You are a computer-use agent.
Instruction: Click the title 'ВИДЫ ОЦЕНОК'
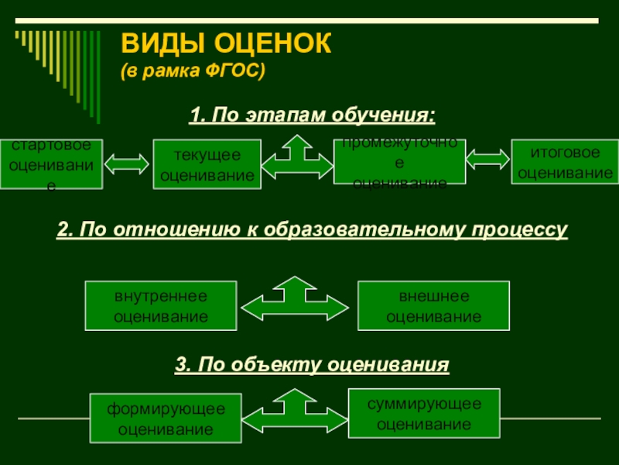tap(226, 44)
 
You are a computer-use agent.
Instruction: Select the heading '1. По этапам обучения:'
tap(313, 115)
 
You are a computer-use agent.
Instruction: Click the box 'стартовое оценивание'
tap(51, 164)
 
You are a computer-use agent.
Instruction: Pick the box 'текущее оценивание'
tap(207, 165)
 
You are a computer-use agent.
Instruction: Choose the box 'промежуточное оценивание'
tap(399, 162)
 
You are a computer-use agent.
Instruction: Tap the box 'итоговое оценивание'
tap(565, 161)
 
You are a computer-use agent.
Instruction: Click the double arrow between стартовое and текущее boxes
tap(127, 164)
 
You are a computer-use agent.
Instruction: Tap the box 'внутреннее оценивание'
tap(161, 305)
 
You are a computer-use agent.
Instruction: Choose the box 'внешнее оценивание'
tap(433, 305)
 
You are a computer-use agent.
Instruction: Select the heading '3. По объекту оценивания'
tap(312, 363)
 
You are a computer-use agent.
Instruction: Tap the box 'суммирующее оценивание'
tap(424, 413)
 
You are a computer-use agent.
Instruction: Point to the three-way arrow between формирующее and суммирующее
tap(293, 412)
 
